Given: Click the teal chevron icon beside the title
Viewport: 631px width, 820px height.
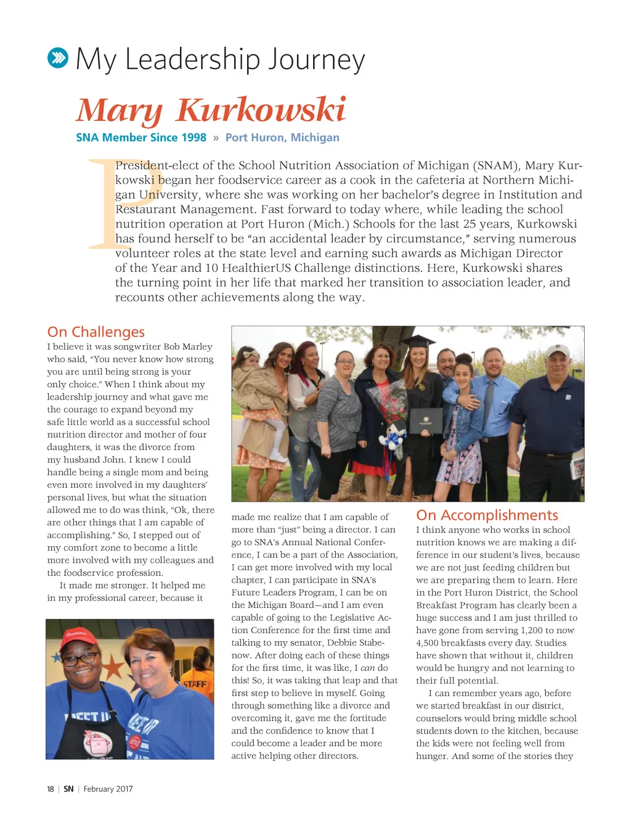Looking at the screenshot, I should tap(58, 59).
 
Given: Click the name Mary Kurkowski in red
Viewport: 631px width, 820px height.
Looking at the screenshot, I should tap(211, 110).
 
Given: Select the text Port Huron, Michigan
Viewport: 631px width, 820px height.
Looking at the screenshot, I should tap(282, 137).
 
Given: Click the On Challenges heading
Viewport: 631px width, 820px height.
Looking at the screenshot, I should tap(96, 332).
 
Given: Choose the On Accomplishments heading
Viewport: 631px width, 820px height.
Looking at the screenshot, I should tap(487, 515).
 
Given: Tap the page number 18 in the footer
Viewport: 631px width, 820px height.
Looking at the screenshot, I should tap(51, 789).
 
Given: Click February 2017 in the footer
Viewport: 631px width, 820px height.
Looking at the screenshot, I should tap(108, 789).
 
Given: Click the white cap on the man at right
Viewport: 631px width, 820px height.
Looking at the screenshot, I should tap(558, 350).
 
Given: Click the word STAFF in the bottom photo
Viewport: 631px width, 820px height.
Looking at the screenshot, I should tap(195, 684).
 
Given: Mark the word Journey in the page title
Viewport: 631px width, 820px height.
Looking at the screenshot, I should tap(316, 60).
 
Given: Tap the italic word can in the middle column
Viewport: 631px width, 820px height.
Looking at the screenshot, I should tap(368, 668).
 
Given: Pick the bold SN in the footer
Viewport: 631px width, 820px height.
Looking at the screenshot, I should tap(68, 789).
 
